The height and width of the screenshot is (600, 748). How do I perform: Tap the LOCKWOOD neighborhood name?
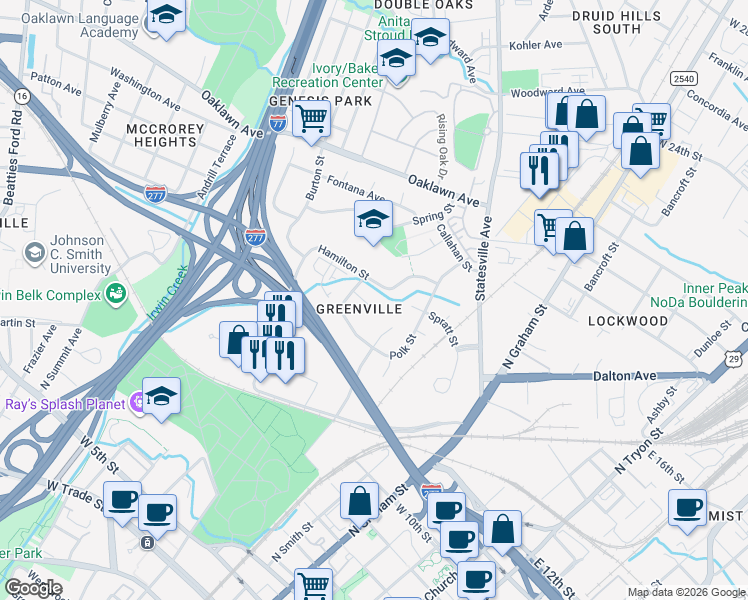coord(628,321)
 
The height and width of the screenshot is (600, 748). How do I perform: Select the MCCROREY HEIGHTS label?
coord(165,136)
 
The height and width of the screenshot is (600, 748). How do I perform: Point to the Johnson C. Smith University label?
coord(78,255)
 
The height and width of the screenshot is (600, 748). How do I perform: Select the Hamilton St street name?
coord(344,263)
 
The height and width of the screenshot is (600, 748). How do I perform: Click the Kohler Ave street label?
coord(536,45)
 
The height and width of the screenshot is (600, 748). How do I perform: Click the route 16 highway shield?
coord(22,95)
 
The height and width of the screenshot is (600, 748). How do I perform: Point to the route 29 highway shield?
coord(735,358)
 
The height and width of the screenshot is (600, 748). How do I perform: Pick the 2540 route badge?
coord(683,78)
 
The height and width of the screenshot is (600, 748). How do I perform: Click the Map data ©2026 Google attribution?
coord(686,592)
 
